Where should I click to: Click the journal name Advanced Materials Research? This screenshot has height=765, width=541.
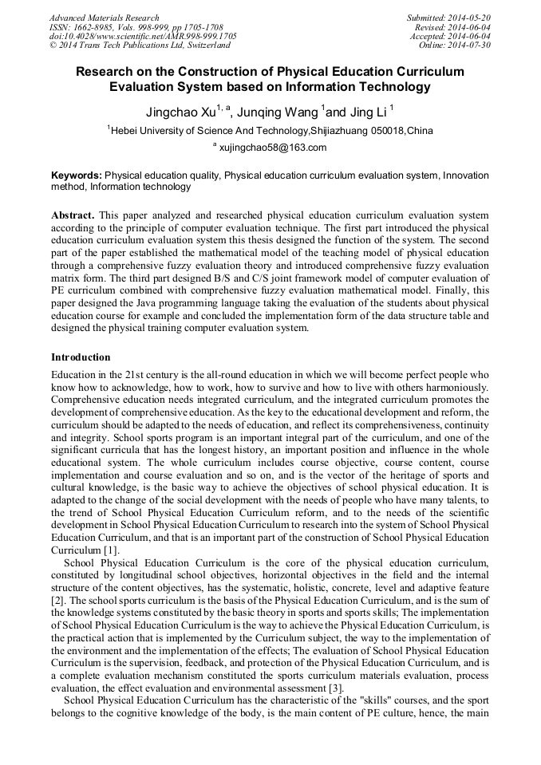[x=104, y=18]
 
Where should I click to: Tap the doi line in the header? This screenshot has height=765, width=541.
[x=143, y=37]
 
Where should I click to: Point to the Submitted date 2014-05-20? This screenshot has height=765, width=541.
[x=469, y=18]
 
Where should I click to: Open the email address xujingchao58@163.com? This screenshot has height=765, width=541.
[x=272, y=148]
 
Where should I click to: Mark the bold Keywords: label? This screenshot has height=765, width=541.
[x=76, y=175]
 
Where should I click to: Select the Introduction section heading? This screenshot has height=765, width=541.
[x=81, y=357]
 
